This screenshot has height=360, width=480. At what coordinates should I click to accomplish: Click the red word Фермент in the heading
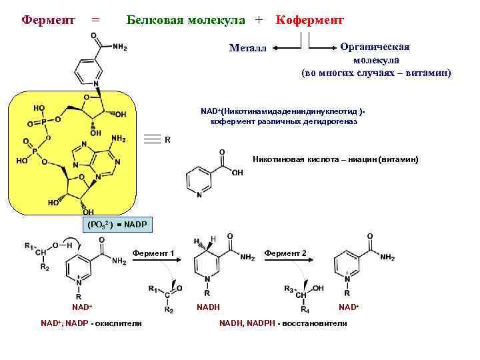pyautogui.click(x=49, y=21)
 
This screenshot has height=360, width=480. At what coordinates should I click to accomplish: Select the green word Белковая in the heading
pyautogui.click(x=153, y=21)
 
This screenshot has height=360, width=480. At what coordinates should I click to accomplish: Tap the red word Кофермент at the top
pyautogui.click(x=309, y=21)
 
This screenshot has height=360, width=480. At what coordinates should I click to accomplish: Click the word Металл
pyautogui.click(x=247, y=48)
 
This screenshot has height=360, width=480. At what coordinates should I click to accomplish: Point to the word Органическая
pyautogui.click(x=375, y=47)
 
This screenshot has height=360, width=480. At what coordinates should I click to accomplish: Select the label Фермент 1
pyautogui.click(x=153, y=253)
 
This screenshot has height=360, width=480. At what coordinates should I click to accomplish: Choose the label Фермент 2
pyautogui.click(x=285, y=253)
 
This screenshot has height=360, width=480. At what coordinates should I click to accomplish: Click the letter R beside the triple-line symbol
pyautogui.click(x=167, y=140)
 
